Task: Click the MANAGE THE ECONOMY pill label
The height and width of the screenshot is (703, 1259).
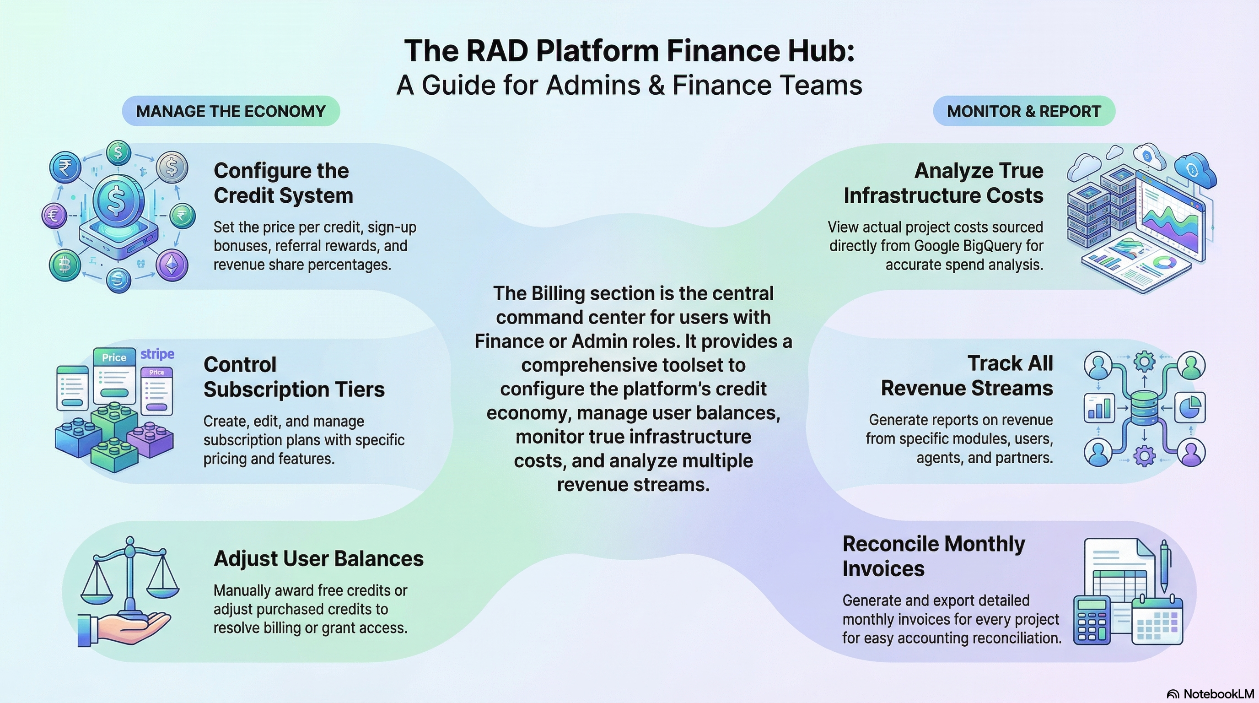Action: [x=231, y=112]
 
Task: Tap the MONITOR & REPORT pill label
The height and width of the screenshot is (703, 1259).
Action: [x=1023, y=112]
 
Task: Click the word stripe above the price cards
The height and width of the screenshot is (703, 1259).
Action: [x=157, y=354]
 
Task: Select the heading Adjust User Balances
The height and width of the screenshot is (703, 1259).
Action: [x=318, y=559]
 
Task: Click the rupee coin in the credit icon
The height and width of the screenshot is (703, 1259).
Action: [x=66, y=168]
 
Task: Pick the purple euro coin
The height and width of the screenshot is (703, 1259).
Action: [x=54, y=216]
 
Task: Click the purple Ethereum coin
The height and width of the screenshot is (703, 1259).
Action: [x=172, y=265]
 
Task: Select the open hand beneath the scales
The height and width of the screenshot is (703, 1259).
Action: [x=124, y=627]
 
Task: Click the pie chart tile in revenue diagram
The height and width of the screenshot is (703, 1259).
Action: [x=1189, y=407]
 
